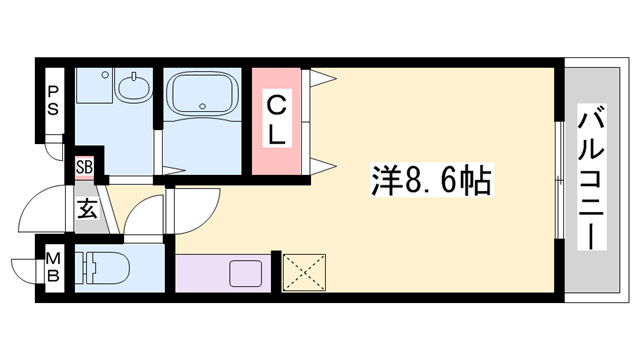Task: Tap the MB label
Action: pos(53,269)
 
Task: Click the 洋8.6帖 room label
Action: pos(432,183)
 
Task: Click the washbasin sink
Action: pos(133,89)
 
